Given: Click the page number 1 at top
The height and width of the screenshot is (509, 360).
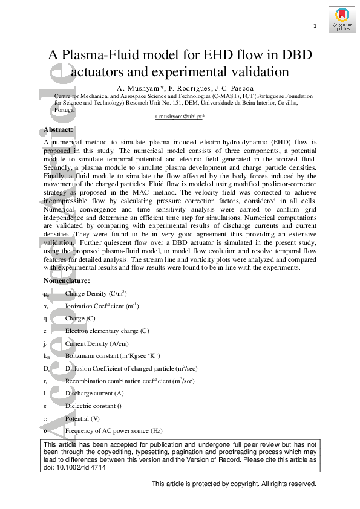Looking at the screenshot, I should pos(315,25).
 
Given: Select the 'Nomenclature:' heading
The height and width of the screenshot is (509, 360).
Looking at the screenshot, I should pos(67,280).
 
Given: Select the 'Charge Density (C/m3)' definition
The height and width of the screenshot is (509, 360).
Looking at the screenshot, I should pos(96,293).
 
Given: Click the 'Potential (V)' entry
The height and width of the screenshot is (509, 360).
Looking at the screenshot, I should pos(82,418).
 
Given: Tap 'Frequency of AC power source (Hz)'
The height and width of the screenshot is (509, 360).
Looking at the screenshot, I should pos(114,431).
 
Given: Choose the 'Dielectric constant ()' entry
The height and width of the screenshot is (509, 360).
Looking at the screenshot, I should pos(93,406).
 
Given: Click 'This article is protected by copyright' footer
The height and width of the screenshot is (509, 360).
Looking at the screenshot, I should pos(234,484).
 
